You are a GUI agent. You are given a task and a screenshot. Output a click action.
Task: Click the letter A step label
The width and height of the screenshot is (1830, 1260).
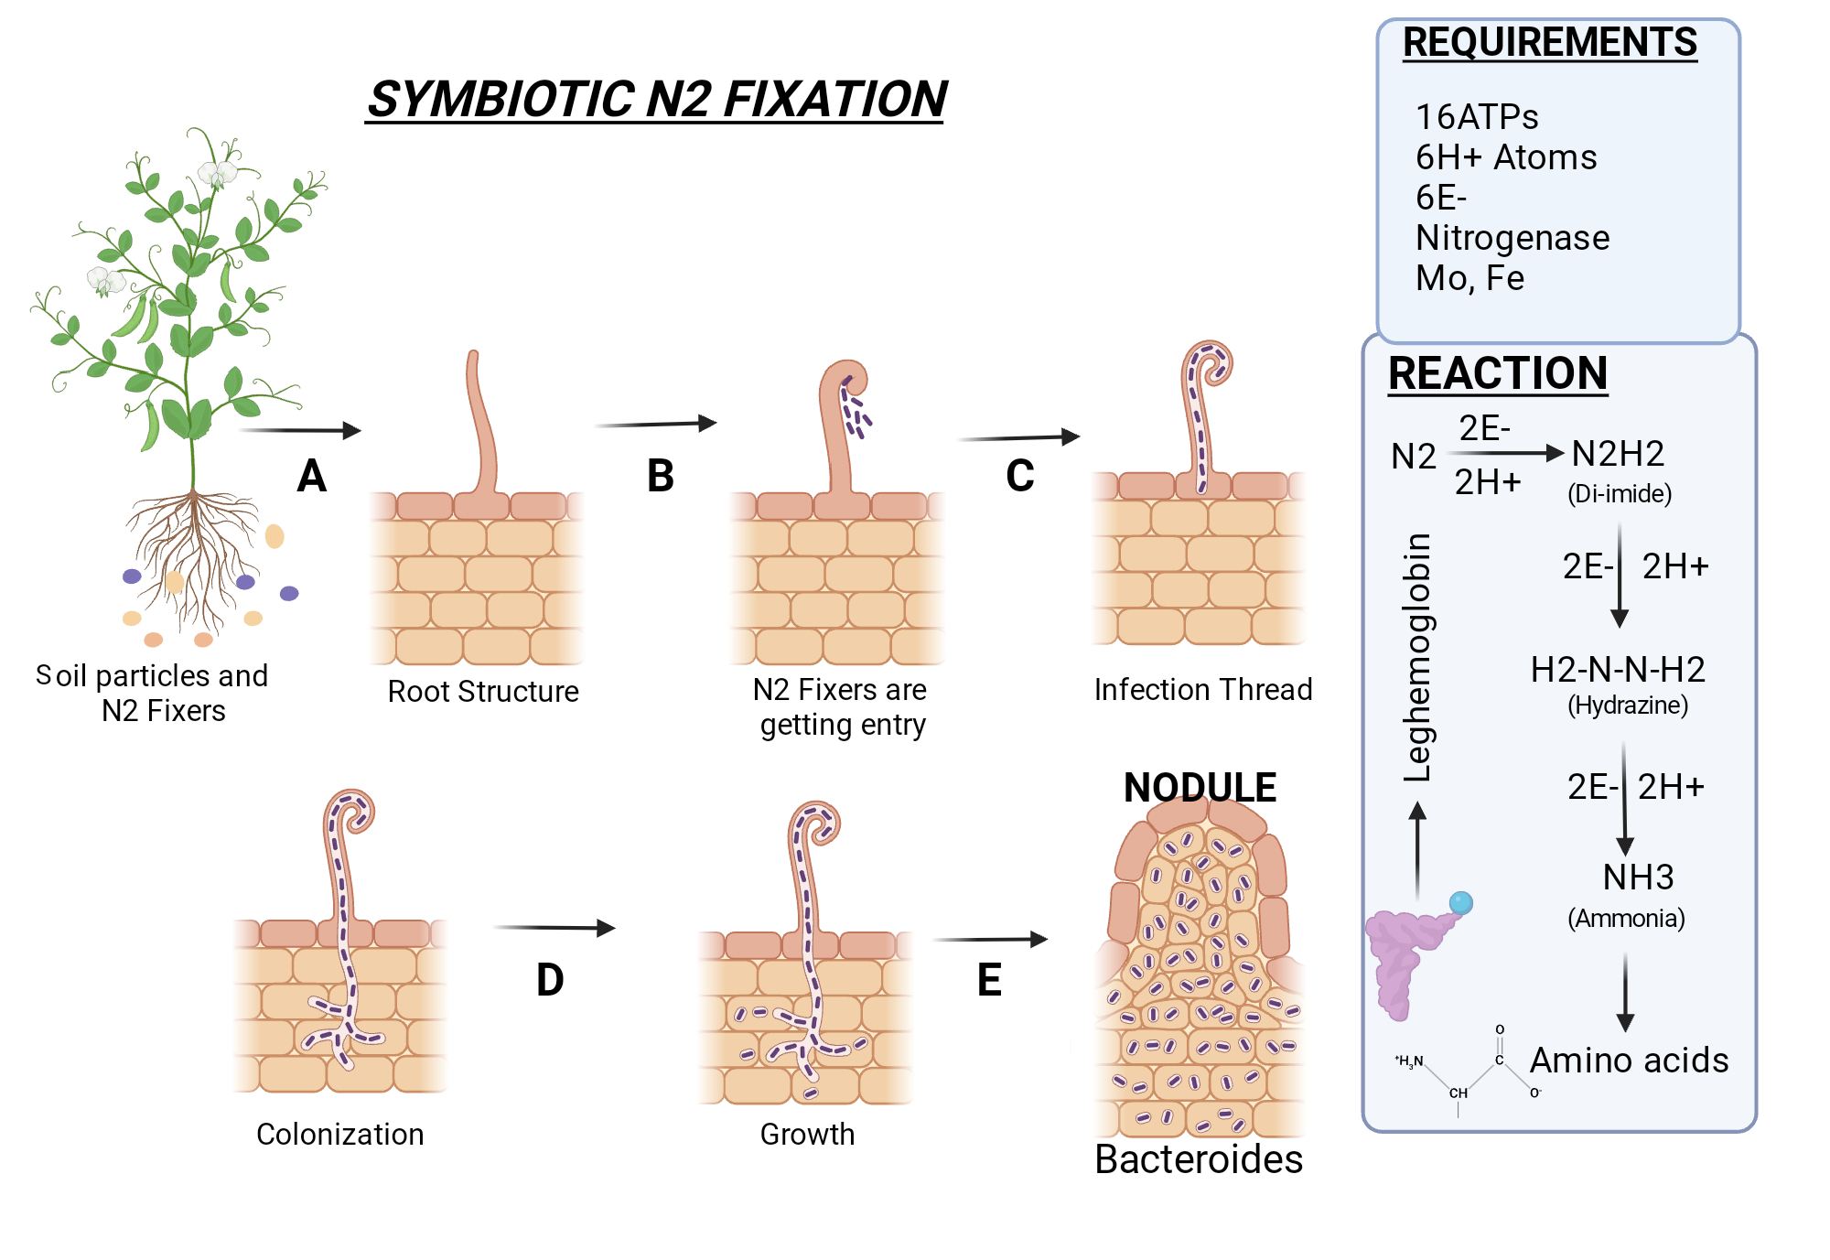pyautogui.click(x=312, y=477)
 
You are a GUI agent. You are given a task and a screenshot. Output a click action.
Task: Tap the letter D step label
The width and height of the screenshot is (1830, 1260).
pyautogui.click(x=550, y=980)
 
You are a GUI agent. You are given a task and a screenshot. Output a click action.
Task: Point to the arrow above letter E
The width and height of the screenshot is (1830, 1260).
pyautogui.click(x=990, y=940)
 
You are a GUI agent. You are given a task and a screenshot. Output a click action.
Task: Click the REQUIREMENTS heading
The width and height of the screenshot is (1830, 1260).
pyautogui.click(x=1550, y=43)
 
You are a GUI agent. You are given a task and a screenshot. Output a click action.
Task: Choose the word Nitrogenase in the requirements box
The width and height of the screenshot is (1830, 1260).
pyautogui.click(x=1512, y=238)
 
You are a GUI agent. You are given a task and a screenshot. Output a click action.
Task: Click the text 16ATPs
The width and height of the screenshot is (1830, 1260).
pyautogui.click(x=1477, y=117)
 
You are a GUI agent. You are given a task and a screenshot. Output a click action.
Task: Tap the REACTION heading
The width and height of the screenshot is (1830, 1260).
pyautogui.click(x=1498, y=373)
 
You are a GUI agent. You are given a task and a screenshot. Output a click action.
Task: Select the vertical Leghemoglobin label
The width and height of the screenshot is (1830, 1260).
pyautogui.click(x=1417, y=657)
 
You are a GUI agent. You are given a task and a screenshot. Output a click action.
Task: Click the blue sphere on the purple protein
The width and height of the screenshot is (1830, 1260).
pyautogui.click(x=1461, y=903)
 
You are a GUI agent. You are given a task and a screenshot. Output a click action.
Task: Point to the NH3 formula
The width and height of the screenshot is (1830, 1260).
pyautogui.click(x=1638, y=878)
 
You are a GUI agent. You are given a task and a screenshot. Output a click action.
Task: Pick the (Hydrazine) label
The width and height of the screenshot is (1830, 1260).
pyautogui.click(x=1628, y=705)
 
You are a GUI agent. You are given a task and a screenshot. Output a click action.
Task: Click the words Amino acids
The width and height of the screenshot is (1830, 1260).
pyautogui.click(x=1630, y=1061)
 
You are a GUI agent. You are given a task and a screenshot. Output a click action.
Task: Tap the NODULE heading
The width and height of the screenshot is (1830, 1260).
pyautogui.click(x=1200, y=788)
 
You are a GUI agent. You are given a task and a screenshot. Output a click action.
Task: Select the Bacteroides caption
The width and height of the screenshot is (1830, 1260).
pyautogui.click(x=1199, y=1159)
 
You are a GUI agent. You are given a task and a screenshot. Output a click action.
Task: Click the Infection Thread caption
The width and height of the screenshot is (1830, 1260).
pyautogui.click(x=1203, y=689)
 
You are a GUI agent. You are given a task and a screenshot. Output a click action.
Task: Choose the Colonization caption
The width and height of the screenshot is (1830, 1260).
pyautogui.click(x=340, y=1135)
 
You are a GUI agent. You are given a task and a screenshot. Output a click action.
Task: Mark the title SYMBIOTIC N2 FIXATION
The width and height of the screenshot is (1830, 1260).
pyautogui.click(x=656, y=99)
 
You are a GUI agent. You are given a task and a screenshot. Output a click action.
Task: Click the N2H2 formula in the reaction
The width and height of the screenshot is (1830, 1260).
pyautogui.click(x=1618, y=454)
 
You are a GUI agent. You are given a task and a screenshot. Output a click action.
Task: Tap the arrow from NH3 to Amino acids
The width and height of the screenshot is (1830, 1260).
pyautogui.click(x=1625, y=993)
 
